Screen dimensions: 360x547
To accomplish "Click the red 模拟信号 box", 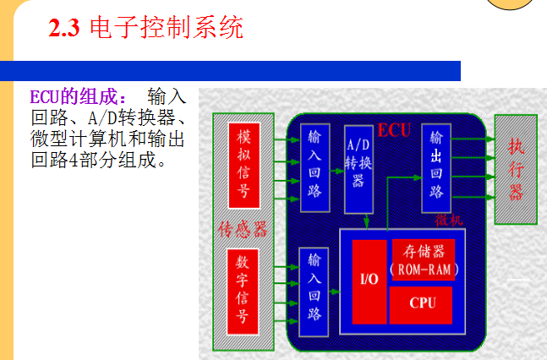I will click(x=243, y=165).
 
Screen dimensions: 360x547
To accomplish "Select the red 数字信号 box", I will click(x=243, y=289).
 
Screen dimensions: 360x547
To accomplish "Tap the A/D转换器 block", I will click(x=358, y=170).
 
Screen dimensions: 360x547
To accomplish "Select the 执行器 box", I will click(x=516, y=168).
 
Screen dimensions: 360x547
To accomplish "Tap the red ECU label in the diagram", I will click(x=394, y=130).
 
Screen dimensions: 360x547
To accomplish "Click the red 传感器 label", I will click(x=243, y=229).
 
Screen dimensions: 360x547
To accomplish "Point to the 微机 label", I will click(x=449, y=221).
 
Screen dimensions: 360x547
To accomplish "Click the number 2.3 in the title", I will click(x=64, y=30).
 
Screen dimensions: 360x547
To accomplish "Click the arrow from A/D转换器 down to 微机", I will click(x=365, y=221).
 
